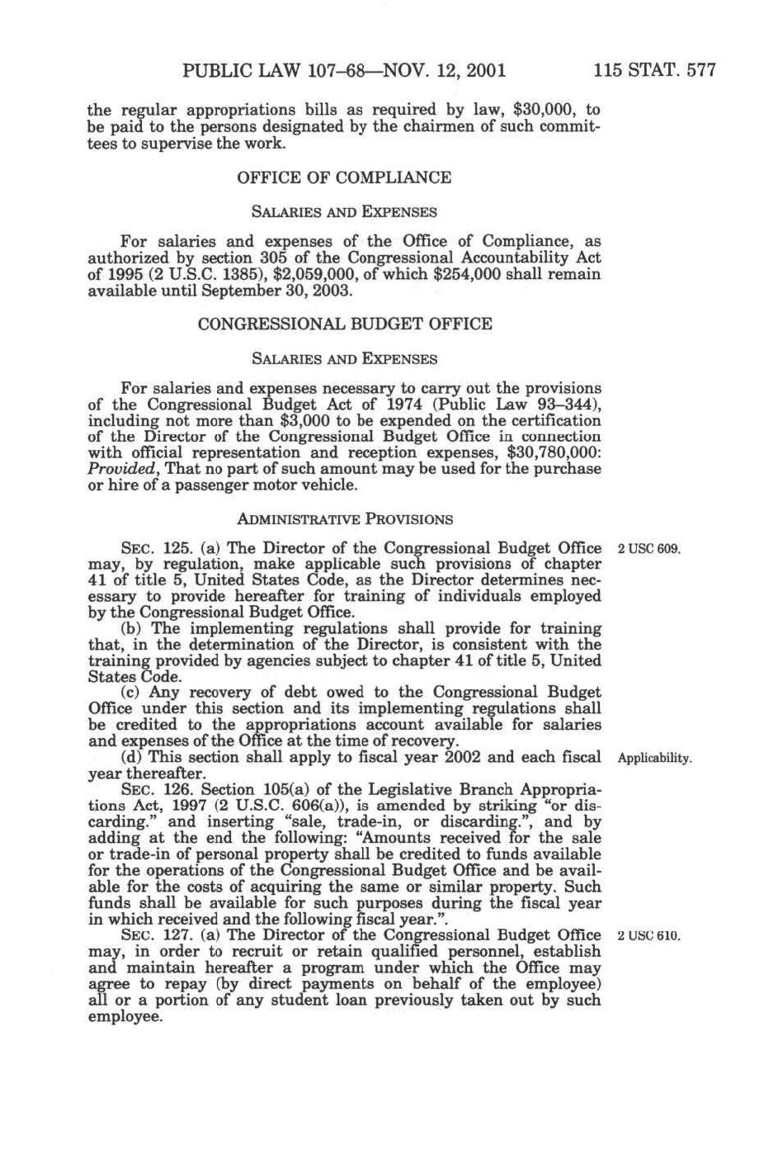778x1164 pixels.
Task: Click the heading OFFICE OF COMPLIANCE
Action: click(x=344, y=177)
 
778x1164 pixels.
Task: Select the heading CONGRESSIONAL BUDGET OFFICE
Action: click(x=345, y=324)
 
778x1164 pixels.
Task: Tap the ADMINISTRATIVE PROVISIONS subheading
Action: click(x=345, y=519)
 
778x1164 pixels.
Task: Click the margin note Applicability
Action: click(x=654, y=758)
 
